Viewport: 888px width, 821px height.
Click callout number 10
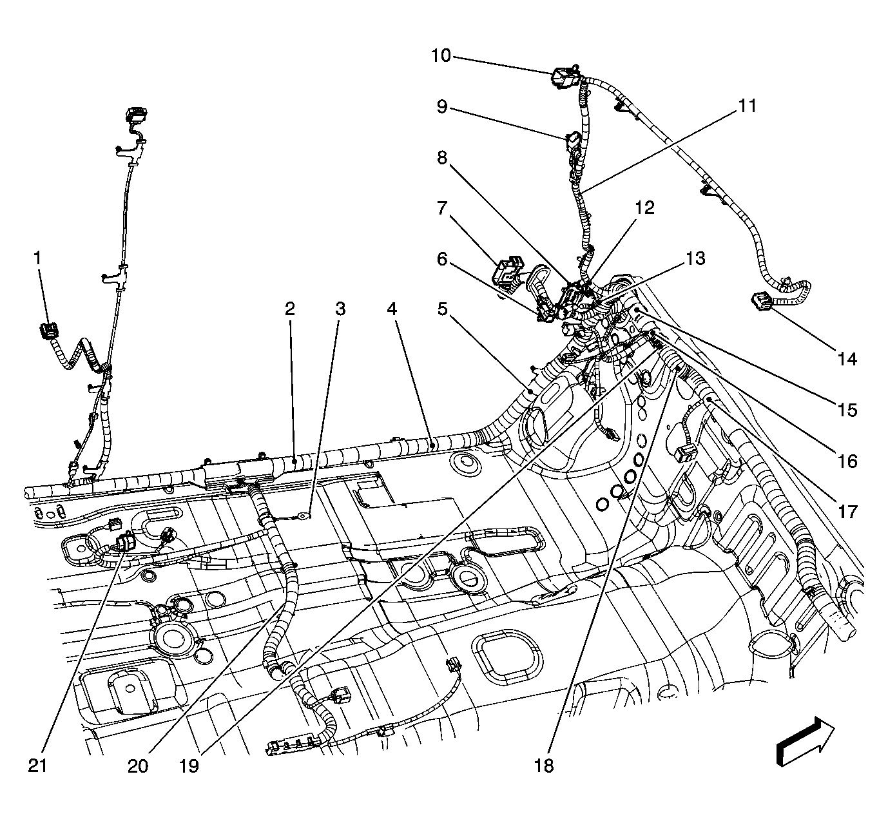tap(441, 56)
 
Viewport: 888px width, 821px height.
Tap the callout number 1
tap(38, 258)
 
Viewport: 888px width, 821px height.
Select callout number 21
tap(37, 766)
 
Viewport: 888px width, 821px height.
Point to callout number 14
tap(847, 359)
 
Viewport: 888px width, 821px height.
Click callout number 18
tap(544, 766)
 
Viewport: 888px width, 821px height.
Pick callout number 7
tap(442, 208)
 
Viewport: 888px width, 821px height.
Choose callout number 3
tap(341, 309)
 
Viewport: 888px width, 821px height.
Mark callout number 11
tap(747, 106)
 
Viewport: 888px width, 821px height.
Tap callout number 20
tap(138, 766)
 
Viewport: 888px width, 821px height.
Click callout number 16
tap(847, 461)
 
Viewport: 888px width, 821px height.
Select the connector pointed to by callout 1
tap(48, 331)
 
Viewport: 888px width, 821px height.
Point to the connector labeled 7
tap(508, 273)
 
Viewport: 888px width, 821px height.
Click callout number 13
tap(696, 258)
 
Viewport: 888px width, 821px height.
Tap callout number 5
tap(442, 309)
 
